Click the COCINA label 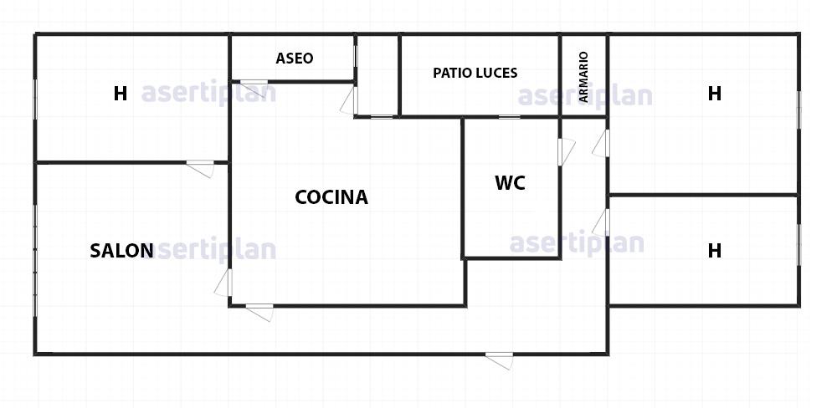[x=331, y=197]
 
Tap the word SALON [x=121, y=251]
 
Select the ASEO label [x=294, y=59]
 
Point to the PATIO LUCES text [x=475, y=73]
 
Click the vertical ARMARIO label [x=583, y=77]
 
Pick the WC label [x=510, y=183]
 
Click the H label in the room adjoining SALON [x=120, y=94]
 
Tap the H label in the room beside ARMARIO [x=714, y=94]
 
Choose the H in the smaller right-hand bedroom [x=714, y=250]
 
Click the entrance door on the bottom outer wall [x=500, y=360]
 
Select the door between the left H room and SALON [x=201, y=168]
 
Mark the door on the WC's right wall [x=566, y=152]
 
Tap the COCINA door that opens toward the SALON [x=224, y=283]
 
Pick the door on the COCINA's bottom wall [x=260, y=312]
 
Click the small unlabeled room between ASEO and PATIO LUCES [x=377, y=75]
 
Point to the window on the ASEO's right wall [x=356, y=57]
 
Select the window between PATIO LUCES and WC [x=509, y=117]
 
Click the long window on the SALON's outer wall [x=35, y=260]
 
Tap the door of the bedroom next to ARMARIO [x=601, y=144]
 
